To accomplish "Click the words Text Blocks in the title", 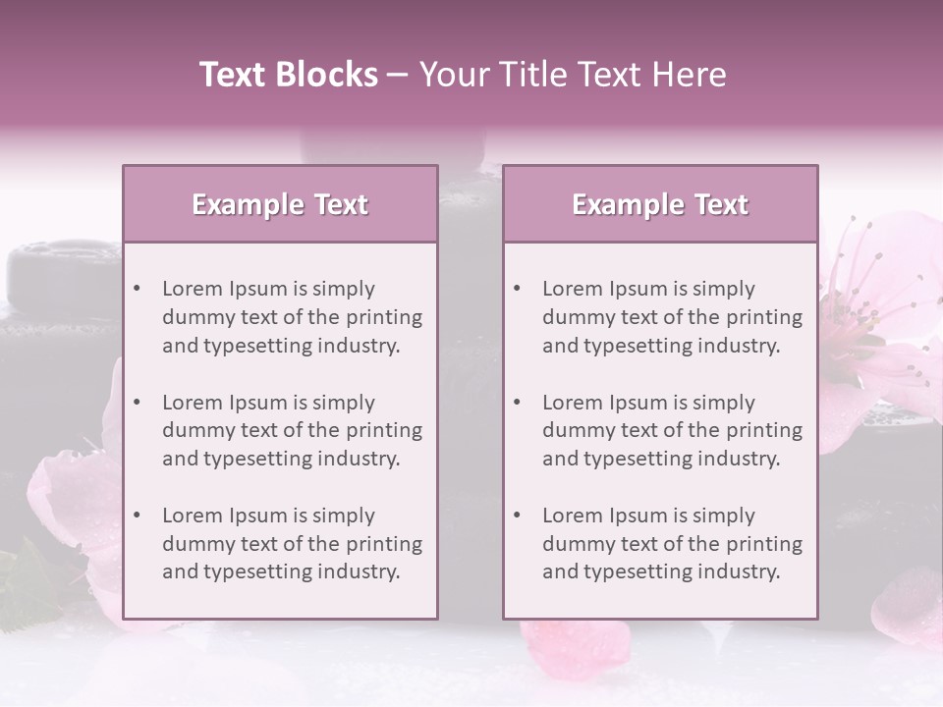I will click(289, 75).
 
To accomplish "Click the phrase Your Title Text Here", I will click(573, 75).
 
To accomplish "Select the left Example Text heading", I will click(280, 204).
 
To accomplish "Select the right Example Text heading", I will click(660, 204).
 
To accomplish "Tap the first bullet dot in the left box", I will click(137, 289).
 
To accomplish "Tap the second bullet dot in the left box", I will click(137, 403).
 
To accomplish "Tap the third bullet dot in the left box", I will click(137, 516).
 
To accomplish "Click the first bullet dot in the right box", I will click(517, 289).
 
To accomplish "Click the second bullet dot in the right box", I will click(517, 403).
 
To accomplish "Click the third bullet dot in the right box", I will click(517, 516).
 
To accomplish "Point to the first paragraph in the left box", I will click(292, 317).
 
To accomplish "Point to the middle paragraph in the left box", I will click(292, 430).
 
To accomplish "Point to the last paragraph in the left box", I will click(292, 544).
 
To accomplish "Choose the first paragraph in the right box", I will click(672, 317).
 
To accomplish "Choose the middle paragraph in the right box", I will click(672, 430).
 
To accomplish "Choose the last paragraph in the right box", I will click(672, 544).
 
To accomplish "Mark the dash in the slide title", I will click(398, 76).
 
